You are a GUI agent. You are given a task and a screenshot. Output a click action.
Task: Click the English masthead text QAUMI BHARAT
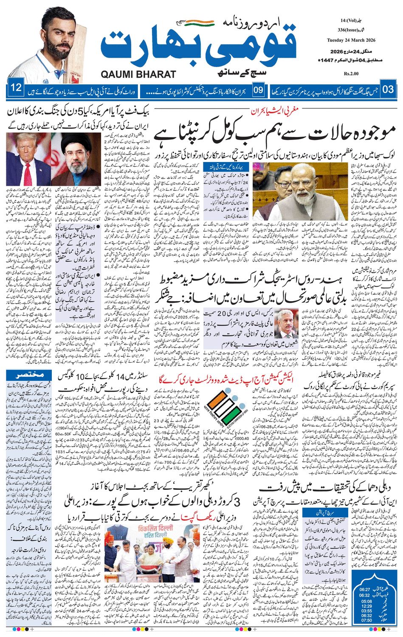[x=138, y=74]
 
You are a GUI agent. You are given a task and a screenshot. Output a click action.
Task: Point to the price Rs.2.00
[x=351, y=74]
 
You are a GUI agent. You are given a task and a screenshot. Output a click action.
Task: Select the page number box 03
[x=388, y=89]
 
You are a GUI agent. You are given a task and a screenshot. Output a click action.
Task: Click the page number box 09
[x=258, y=90]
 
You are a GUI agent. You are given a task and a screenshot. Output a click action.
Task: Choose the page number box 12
[x=16, y=89]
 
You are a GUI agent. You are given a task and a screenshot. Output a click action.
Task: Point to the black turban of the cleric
[x=69, y=141]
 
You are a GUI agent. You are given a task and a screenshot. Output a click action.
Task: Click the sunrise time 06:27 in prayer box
[x=364, y=590]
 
